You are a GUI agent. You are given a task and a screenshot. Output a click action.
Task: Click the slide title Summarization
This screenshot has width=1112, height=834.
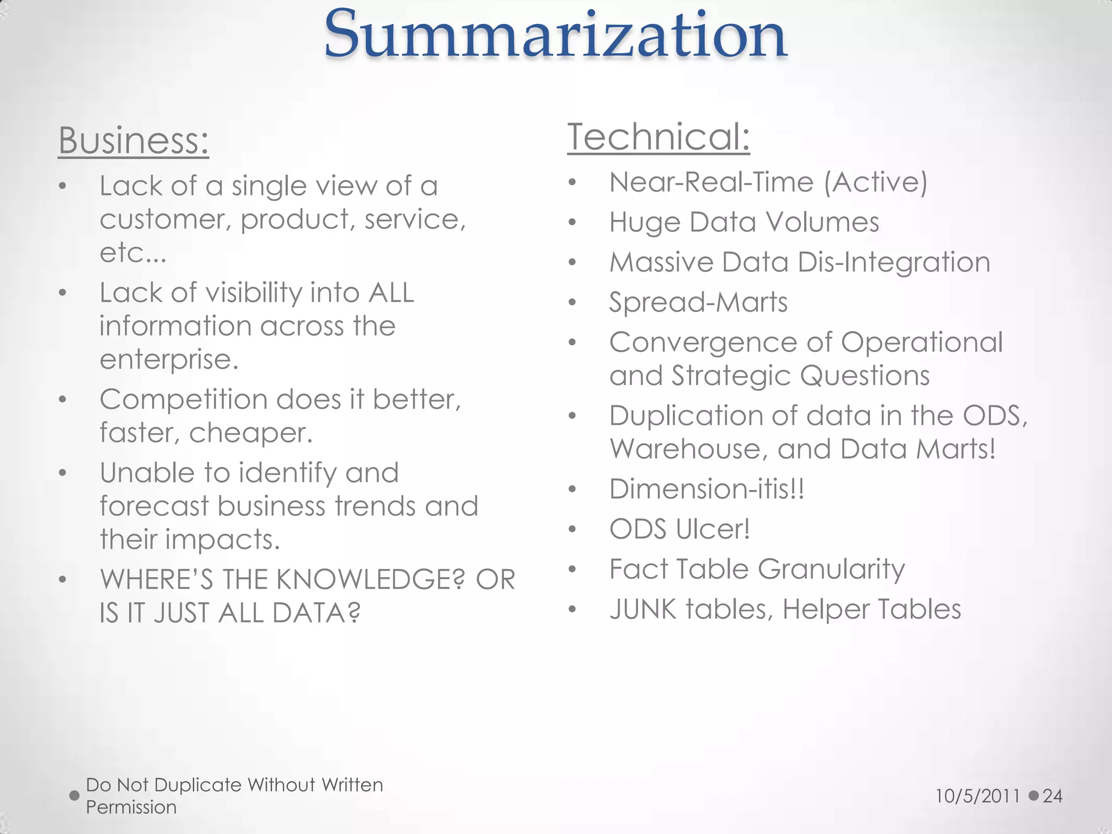point(555,36)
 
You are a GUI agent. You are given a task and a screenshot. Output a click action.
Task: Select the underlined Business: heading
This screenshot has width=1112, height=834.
point(134,141)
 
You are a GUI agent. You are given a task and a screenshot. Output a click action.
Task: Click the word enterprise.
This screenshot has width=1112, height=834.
point(169,359)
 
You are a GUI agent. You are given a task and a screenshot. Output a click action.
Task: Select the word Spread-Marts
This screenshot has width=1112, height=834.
point(698,302)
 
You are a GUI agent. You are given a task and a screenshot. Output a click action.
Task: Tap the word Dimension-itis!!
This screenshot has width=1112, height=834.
point(706,489)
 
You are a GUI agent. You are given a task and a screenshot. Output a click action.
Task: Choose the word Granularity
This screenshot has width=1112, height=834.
point(831,570)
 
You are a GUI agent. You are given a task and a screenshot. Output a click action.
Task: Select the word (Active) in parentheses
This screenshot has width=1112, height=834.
point(875,182)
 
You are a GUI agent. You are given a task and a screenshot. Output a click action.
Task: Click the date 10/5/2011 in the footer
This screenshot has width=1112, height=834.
point(978,796)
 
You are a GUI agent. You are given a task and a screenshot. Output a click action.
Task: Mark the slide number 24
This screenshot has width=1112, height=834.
point(1052,796)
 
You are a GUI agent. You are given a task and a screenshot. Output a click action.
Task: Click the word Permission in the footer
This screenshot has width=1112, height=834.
point(131,807)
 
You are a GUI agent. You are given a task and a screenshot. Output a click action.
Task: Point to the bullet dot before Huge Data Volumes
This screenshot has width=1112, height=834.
point(572,223)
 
